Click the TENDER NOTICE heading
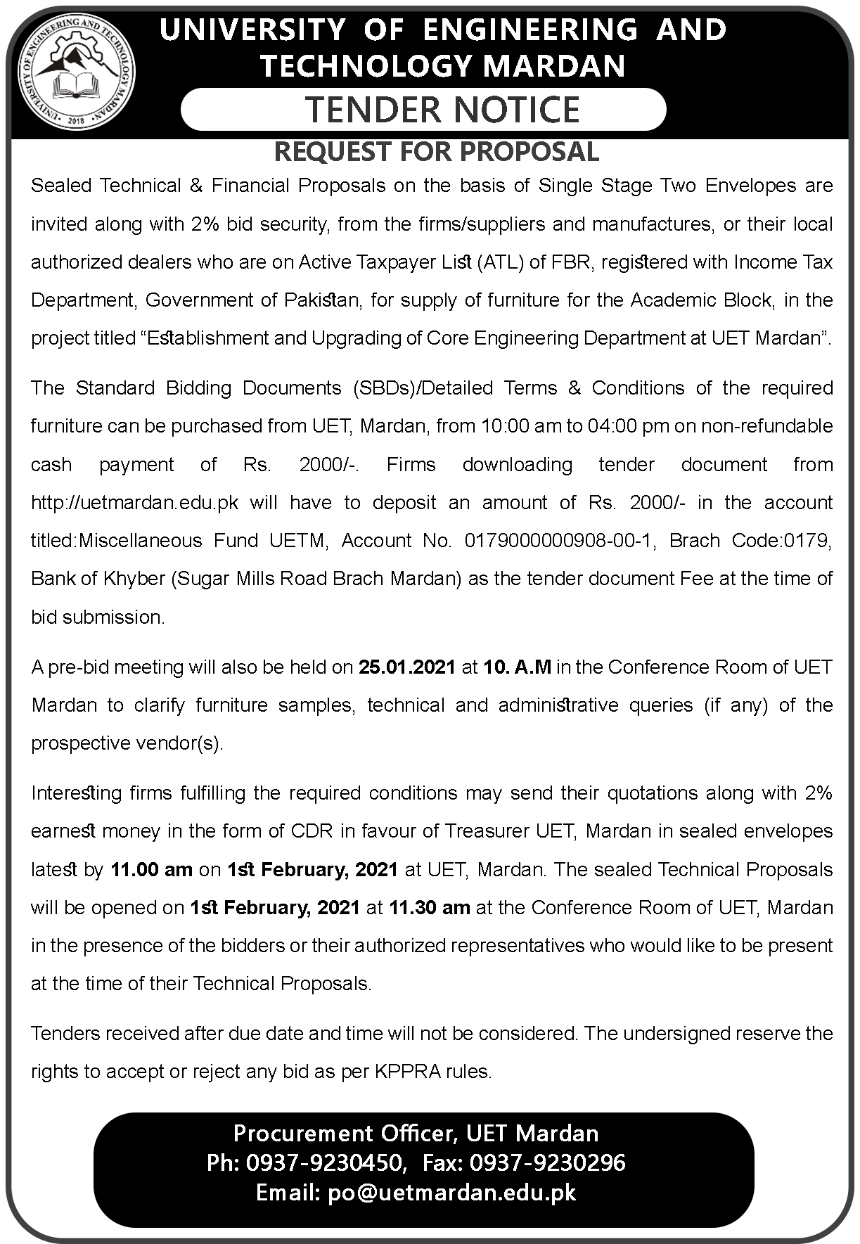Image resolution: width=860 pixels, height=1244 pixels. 442,110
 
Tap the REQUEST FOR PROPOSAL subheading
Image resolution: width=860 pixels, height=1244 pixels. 436,152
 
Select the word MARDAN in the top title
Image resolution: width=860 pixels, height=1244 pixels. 555,66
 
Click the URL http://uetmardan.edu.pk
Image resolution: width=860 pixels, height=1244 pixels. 135,503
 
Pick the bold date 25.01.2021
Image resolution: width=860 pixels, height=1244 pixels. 407,667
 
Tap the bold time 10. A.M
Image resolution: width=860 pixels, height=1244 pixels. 517,667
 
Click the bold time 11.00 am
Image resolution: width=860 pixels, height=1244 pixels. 151,870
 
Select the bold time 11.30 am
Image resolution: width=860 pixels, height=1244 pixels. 429,908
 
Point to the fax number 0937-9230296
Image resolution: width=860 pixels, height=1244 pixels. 547,1162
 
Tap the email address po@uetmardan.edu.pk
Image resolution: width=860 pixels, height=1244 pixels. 452,1193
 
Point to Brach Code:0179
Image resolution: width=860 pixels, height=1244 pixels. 750,541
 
